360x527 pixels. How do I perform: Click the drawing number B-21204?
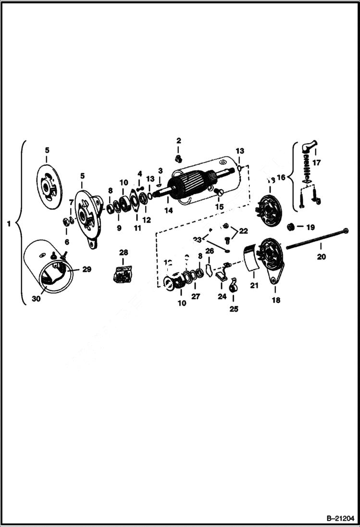coord(339,518)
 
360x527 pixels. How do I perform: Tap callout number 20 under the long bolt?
coord(321,257)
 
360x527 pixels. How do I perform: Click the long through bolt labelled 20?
coord(317,239)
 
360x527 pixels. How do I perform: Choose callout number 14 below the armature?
coord(168,210)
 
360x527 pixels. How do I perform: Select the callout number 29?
coord(86,270)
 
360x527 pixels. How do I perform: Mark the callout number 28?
coord(124,253)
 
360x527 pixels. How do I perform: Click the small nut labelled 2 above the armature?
coord(179,158)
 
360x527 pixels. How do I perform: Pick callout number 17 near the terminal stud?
coord(317,162)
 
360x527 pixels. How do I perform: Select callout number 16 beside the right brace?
coord(281,177)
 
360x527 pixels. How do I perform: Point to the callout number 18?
coord(276,300)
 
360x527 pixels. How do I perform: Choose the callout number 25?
coord(234,309)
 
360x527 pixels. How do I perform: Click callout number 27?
coord(196,297)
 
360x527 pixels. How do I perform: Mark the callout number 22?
coord(244,231)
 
